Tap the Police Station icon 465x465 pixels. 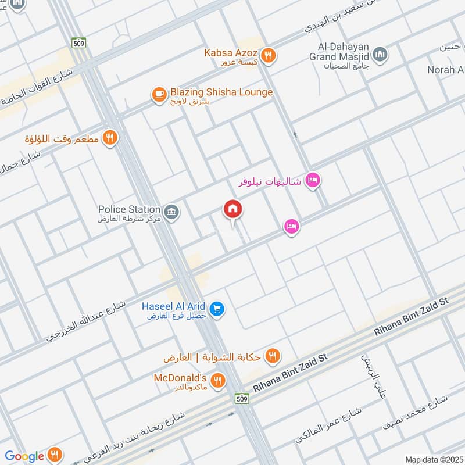pos(171,213)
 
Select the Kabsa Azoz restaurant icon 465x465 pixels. pos(268,56)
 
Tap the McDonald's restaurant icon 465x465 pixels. pos(217,381)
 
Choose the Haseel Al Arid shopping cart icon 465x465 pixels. pos(217,309)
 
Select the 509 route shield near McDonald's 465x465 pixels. pos(243,398)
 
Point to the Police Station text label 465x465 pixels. pos(129,209)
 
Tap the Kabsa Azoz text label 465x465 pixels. pos(230,52)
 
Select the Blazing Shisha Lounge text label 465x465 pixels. pos(221,92)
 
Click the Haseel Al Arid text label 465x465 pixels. pos(175,306)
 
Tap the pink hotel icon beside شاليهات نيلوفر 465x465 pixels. pos(313,181)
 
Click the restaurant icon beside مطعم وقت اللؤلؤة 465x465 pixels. pos(109,138)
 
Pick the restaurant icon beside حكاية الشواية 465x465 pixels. pos(271,355)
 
